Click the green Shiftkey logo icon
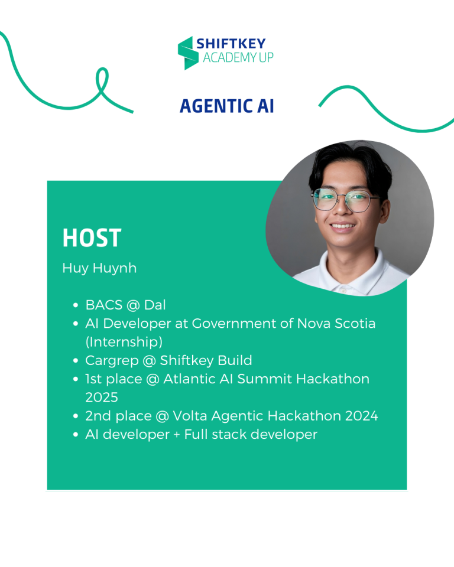[188, 53]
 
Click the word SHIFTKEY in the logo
[231, 44]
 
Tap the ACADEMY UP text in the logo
[238, 57]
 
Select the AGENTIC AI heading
[226, 106]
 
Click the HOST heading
[92, 238]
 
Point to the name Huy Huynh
[99, 268]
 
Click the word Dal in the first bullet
[155, 305]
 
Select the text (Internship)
[124, 342]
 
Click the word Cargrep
[112, 360]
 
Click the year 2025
[102, 397]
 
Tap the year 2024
[361, 416]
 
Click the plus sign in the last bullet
[177, 435]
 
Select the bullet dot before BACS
[75, 305]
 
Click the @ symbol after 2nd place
[162, 416]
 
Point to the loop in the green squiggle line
[102, 82]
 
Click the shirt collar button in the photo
[343, 290]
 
